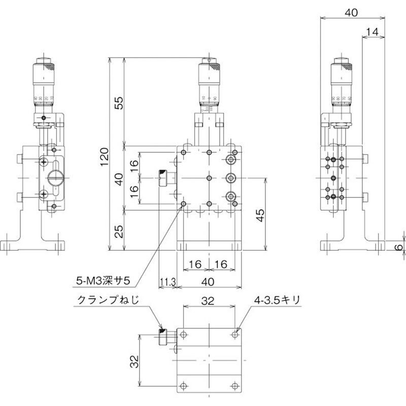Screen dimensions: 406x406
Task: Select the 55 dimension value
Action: point(118,104)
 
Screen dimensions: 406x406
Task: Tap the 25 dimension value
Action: point(118,232)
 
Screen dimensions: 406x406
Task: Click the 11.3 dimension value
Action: point(167,281)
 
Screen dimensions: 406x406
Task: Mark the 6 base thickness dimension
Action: point(399,247)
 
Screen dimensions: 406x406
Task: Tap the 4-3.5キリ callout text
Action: point(278,300)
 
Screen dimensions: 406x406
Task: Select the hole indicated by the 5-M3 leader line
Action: point(184,205)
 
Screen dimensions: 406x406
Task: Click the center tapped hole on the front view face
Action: point(209,178)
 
